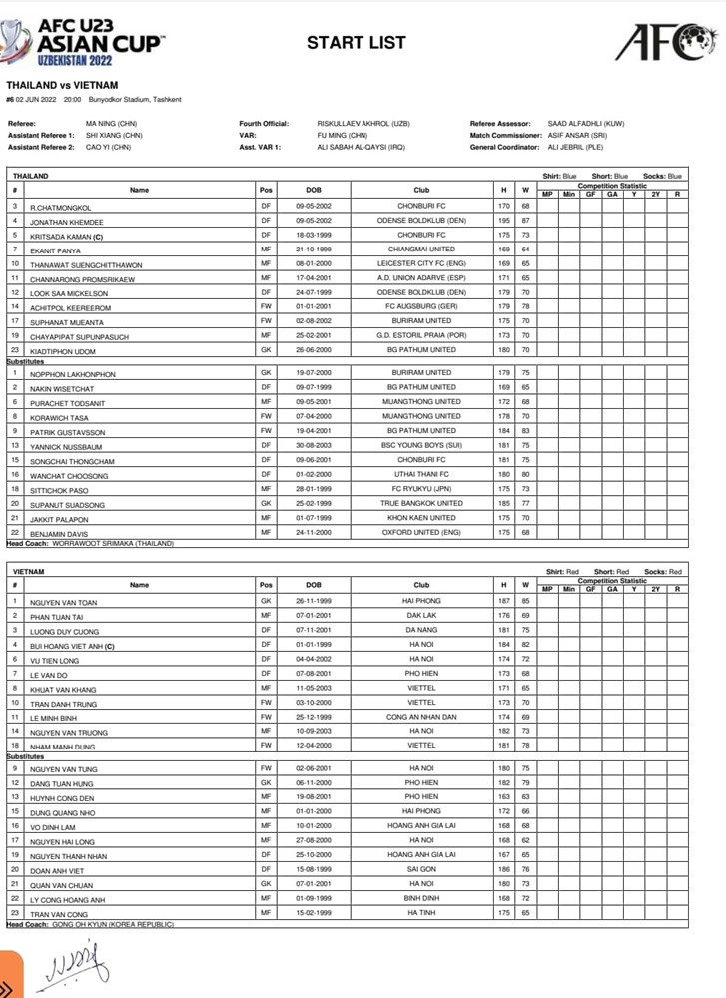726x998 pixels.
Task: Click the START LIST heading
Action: pos(356,42)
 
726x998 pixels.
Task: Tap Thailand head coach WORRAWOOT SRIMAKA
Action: pos(115,543)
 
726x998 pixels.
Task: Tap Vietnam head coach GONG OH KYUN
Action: pos(112,925)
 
